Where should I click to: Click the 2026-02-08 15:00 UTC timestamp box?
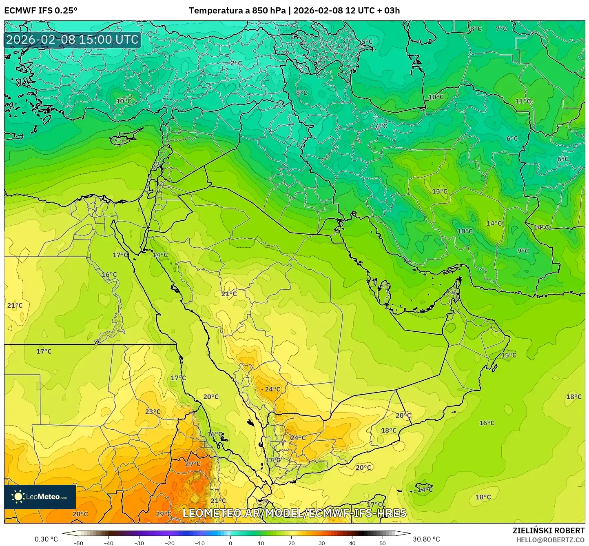[x=73, y=40]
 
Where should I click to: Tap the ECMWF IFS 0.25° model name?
[x=41, y=11]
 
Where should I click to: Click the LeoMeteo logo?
[x=40, y=497]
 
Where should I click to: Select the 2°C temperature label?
[x=236, y=63]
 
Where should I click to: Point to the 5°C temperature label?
[x=367, y=42]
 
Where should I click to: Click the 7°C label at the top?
[x=501, y=29]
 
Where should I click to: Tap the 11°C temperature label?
[x=523, y=101]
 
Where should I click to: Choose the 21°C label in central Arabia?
[x=229, y=294]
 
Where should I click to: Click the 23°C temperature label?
[x=153, y=412]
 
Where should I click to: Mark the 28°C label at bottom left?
[x=80, y=514]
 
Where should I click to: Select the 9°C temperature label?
[x=523, y=251]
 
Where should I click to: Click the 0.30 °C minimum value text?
[x=46, y=539]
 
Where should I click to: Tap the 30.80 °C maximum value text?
[x=426, y=539]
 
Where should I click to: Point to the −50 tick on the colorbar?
[x=78, y=543]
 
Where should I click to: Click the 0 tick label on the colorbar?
[x=230, y=543]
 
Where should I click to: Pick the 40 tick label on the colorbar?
[x=352, y=543]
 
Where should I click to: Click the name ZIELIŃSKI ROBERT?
[x=549, y=530]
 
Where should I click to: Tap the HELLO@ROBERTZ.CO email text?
[x=550, y=540]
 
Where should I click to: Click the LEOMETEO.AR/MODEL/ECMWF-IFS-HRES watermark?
[x=294, y=513]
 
